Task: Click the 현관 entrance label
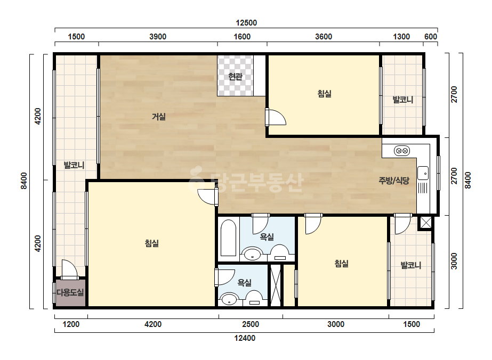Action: click(x=235, y=76)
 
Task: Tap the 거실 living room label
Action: click(x=159, y=117)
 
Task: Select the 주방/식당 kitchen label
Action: click(x=394, y=181)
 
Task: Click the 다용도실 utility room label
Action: click(x=70, y=292)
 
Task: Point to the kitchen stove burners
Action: click(x=402, y=151)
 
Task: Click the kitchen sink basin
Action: click(x=423, y=173)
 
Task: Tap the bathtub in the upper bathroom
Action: click(x=228, y=238)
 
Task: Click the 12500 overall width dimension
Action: click(x=246, y=22)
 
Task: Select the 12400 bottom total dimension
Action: click(x=245, y=338)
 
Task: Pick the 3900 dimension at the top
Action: click(x=158, y=37)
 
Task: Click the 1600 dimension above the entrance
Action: click(x=242, y=37)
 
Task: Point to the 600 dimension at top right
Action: click(x=431, y=37)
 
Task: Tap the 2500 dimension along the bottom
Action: click(x=251, y=324)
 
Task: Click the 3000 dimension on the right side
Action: click(x=454, y=261)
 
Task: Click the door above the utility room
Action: click(x=69, y=269)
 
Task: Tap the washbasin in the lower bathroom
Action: click(x=229, y=299)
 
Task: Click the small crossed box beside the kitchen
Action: click(x=425, y=223)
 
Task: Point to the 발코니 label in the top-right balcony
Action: click(x=403, y=100)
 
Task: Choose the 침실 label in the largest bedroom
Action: click(x=152, y=243)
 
